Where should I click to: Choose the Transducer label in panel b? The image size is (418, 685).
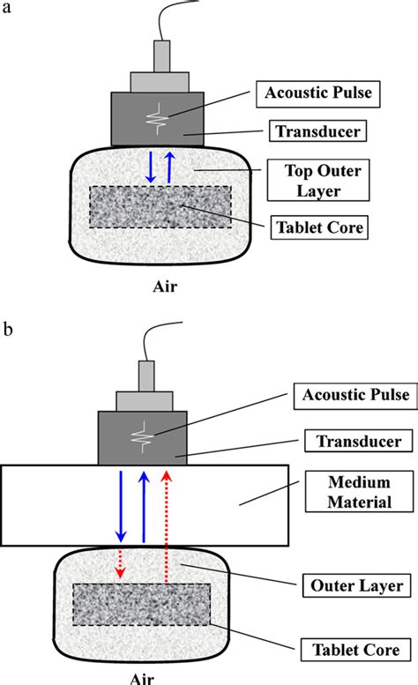(346, 439)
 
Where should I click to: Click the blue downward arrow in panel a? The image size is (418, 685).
(149, 168)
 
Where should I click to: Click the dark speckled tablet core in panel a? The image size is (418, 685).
(160, 208)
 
